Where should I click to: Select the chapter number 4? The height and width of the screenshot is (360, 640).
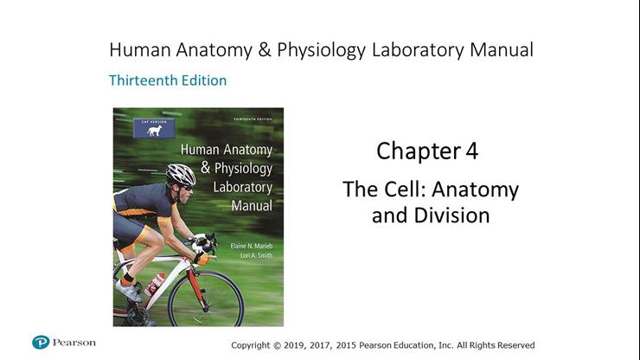[471, 151]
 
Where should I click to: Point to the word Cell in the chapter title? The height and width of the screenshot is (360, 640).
[405, 189]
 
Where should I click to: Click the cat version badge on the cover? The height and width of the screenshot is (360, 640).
[145, 128]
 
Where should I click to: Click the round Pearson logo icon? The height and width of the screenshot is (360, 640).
[40, 343]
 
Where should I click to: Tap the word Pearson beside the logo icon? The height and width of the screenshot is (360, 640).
[74, 343]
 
